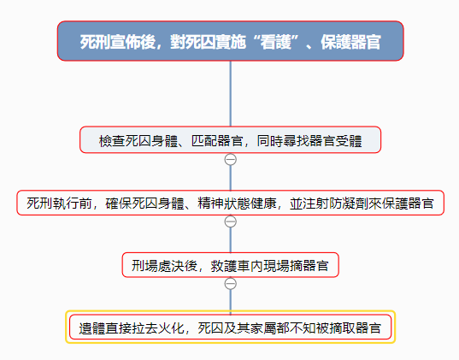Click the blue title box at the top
coord(231,41)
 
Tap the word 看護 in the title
coord(276,42)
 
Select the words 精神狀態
coord(224,204)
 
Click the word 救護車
coord(230,266)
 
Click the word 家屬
coord(263,328)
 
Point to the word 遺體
coord(92,328)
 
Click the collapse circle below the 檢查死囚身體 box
coord(231,160)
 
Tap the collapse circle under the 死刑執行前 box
coord(231,221)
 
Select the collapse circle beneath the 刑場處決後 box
coord(231,284)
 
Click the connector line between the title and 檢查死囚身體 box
coord(231,94)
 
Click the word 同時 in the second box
coord(270,141)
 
